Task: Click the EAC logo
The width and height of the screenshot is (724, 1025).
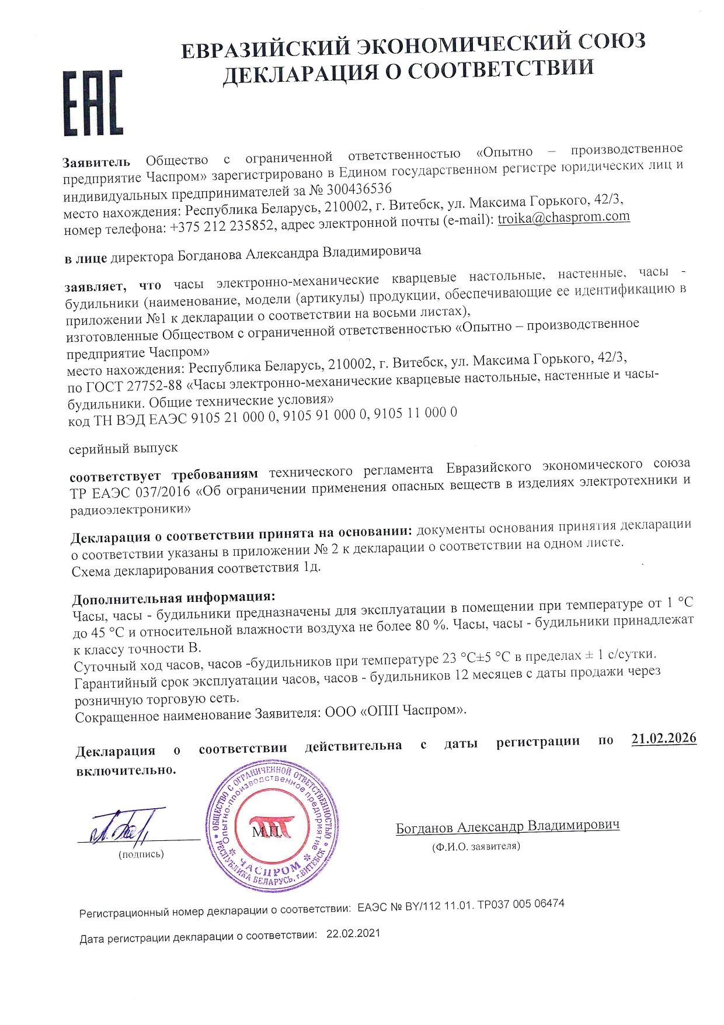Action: coord(93,103)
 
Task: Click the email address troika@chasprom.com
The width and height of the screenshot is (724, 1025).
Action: coord(563,217)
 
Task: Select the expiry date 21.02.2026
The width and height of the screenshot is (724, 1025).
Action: coord(664,738)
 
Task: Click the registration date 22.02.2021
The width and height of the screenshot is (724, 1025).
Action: coord(353,933)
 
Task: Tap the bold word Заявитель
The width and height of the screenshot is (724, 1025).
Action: coord(97,162)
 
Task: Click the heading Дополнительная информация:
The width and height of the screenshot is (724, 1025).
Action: coord(173,598)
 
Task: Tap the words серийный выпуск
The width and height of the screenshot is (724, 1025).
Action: coord(123,449)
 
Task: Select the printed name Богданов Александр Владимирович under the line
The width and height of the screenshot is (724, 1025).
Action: coord(507,826)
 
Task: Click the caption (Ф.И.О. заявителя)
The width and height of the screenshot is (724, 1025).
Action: coord(476,846)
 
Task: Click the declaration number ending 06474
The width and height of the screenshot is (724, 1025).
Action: coord(461,905)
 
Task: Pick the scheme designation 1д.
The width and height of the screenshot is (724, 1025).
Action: coord(312,567)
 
